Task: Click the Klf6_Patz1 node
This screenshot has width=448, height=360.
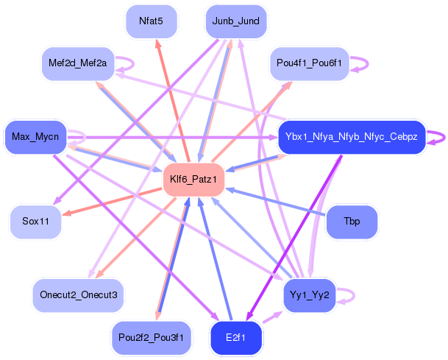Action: point(193,180)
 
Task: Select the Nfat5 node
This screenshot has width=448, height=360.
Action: point(152,21)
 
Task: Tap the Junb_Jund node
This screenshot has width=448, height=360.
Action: point(235,21)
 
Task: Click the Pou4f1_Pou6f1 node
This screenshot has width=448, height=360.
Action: point(308,63)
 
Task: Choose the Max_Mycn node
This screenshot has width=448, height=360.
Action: point(35,137)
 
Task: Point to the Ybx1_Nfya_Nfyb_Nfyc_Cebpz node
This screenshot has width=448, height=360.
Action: point(352,137)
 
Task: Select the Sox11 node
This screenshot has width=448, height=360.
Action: point(35,222)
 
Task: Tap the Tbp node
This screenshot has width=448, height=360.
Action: point(352,222)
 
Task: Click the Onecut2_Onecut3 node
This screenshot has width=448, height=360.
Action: point(79,294)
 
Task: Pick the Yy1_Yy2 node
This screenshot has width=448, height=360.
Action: point(309,294)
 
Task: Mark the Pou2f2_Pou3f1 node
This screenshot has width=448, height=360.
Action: point(152,337)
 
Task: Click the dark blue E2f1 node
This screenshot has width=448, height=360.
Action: point(235,337)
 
